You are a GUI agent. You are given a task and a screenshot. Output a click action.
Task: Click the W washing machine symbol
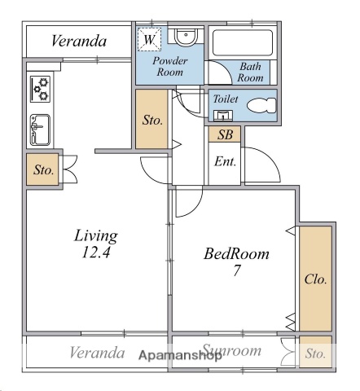[150, 38]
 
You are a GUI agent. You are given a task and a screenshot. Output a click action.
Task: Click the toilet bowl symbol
[259, 105]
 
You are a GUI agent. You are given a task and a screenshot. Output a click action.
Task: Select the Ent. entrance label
[226, 161]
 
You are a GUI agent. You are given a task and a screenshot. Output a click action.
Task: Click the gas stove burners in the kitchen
[39, 87]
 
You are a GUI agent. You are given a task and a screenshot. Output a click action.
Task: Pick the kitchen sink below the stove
[39, 129]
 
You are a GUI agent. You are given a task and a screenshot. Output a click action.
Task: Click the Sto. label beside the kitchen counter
[43, 171]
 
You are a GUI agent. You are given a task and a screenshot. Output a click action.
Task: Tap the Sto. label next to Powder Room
[152, 120]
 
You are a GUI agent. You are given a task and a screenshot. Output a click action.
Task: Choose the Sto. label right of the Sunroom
[315, 354]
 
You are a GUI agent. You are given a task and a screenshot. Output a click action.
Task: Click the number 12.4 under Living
[96, 253]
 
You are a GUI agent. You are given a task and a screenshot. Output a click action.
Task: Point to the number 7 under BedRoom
[236, 271]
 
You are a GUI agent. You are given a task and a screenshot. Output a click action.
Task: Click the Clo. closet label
[315, 279]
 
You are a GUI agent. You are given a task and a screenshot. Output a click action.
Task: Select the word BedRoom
[236, 254]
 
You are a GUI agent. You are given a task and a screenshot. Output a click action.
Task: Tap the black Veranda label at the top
[80, 41]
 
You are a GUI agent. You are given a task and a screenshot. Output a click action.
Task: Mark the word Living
[96, 235]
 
